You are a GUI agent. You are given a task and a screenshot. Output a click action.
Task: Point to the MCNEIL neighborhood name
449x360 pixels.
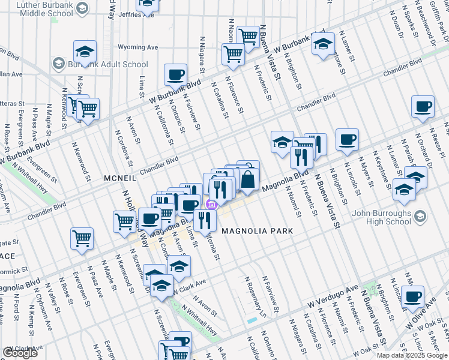pyautogui.click(x=120, y=178)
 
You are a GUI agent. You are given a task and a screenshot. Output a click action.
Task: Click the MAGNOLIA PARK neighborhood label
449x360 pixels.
pyautogui.click(x=257, y=230)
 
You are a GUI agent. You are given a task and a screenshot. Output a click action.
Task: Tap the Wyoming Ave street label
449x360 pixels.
pyautogui.click(x=137, y=47)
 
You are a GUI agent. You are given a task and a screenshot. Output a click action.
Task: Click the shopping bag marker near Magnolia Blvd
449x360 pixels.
pyautogui.click(x=248, y=178)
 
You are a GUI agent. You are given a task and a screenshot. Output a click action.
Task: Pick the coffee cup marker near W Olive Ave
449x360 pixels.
pyautogui.click(x=412, y=297)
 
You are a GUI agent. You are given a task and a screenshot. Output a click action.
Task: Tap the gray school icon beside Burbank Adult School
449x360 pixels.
pyautogui.click(x=58, y=64)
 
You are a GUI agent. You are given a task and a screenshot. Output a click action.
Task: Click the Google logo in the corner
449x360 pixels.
pyautogui.click(x=20, y=352)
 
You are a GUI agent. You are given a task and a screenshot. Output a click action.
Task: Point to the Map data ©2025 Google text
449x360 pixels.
pyautogui.click(x=412, y=355)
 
